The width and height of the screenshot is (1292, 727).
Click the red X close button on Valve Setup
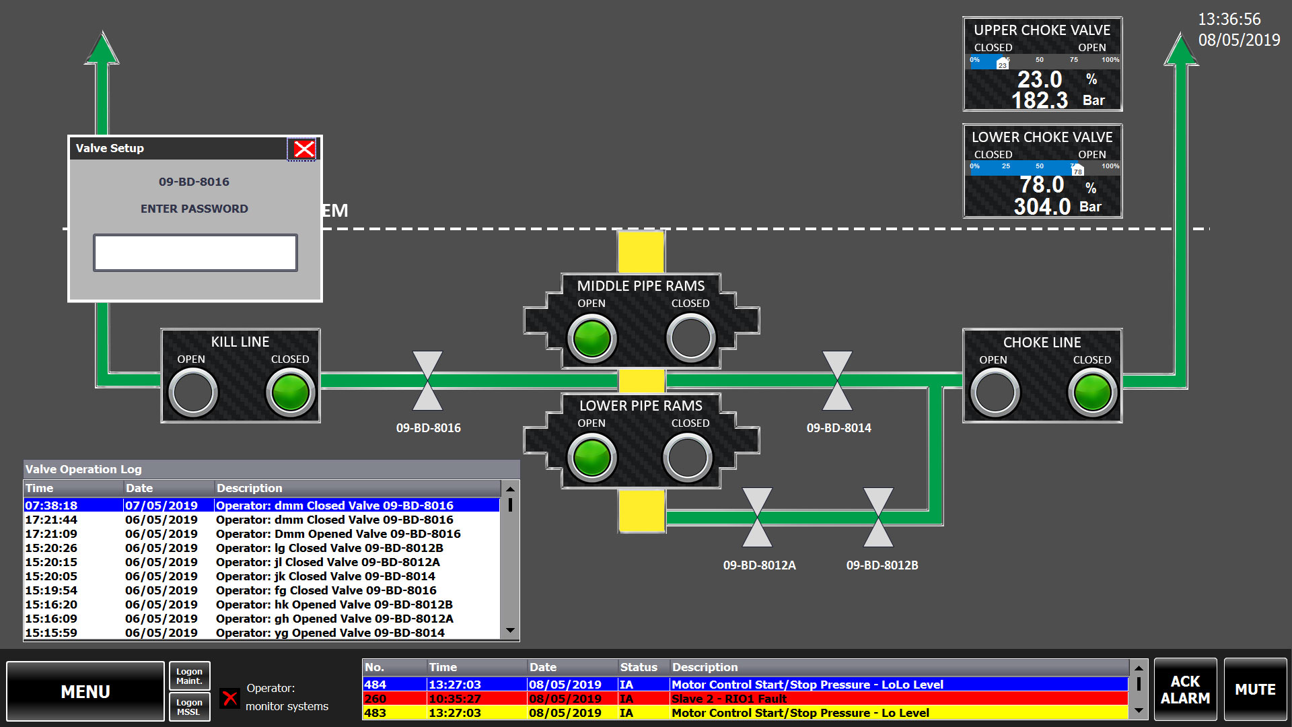click(x=303, y=149)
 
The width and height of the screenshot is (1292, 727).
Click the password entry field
click(x=195, y=252)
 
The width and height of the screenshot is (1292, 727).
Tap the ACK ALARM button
click(x=1185, y=690)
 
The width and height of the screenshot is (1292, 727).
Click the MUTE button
click(x=1255, y=690)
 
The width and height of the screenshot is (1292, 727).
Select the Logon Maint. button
click(x=189, y=676)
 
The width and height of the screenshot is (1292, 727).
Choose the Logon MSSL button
click(x=189, y=707)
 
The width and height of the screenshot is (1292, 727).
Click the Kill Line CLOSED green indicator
click(x=291, y=392)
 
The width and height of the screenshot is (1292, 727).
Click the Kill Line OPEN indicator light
click(x=193, y=392)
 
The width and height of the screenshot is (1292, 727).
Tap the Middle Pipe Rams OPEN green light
click(x=592, y=338)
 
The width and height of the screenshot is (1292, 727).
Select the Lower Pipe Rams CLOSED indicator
click(x=688, y=458)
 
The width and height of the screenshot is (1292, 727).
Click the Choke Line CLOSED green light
click(x=1092, y=392)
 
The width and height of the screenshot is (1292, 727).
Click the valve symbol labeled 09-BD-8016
click(x=427, y=381)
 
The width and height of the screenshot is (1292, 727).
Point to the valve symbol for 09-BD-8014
click(x=837, y=381)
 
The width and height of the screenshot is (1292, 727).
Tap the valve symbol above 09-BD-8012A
click(x=757, y=518)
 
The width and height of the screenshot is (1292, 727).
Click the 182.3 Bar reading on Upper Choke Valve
click(x=1040, y=100)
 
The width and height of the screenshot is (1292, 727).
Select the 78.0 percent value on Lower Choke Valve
click(x=1042, y=184)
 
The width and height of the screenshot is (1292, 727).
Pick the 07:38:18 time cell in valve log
click(x=52, y=506)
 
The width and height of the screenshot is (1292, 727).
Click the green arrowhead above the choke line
click(x=1180, y=50)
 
